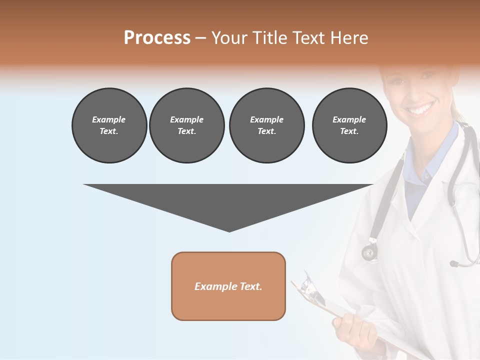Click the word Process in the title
pos(157,38)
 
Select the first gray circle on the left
pos(109,125)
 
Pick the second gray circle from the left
pos(186,125)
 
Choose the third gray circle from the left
pos(266,125)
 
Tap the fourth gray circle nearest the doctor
pos(349,125)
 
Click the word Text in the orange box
pos(250,286)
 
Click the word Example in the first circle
pos(109,119)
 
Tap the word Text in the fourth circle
pos(348,131)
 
